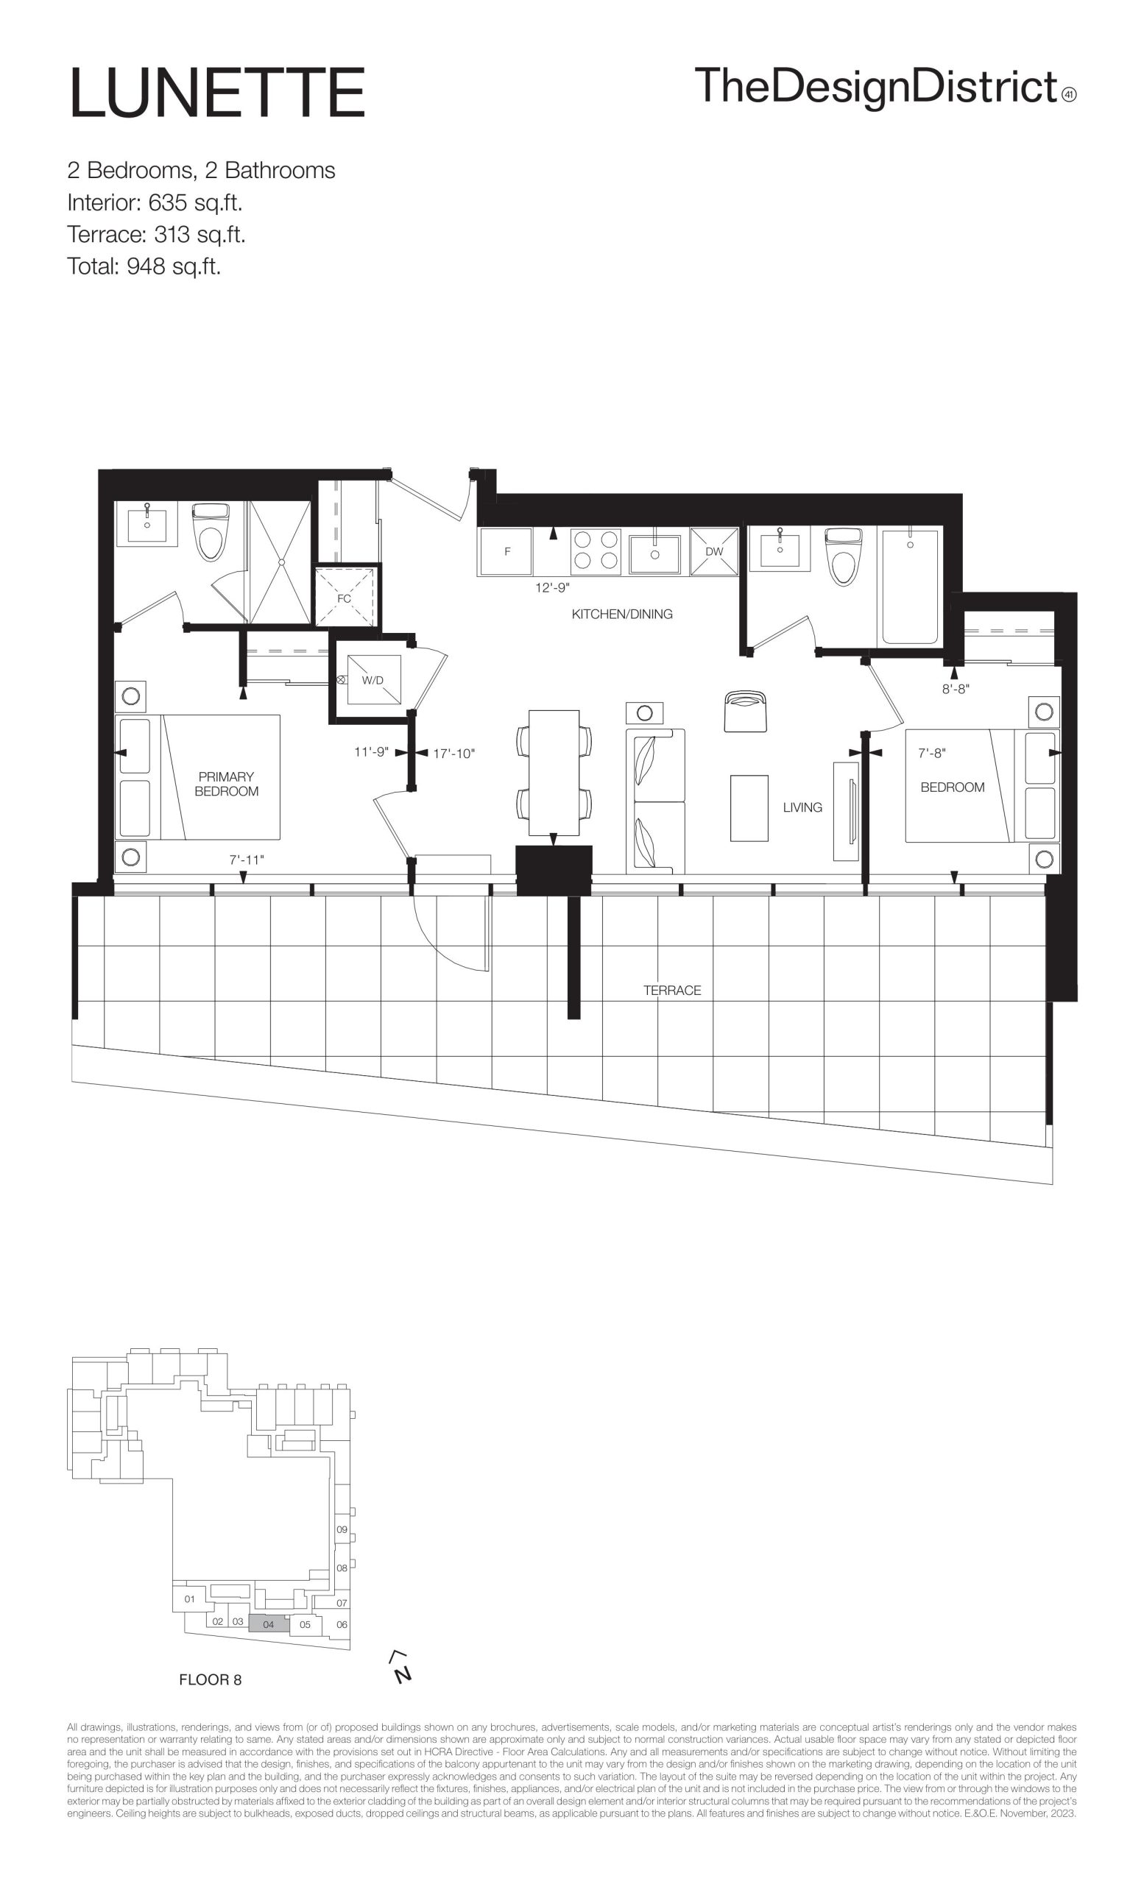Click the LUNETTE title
217,93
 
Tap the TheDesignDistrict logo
886,87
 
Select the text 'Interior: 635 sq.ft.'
155,202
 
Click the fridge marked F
505,551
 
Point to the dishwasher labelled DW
714,551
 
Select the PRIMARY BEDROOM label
226,784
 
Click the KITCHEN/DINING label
623,614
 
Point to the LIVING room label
802,807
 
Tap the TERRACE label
672,990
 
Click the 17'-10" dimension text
454,753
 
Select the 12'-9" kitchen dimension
552,588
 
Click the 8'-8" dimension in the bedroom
955,689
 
